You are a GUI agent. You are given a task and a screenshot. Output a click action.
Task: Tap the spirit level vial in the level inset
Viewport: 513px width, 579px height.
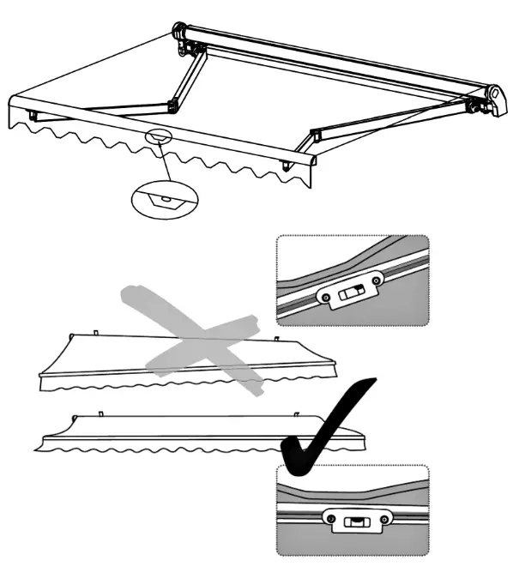point(353,521)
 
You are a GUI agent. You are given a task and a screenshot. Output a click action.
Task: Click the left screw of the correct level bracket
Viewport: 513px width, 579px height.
point(327,517)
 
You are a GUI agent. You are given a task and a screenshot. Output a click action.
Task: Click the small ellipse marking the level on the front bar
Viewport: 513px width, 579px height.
point(159,136)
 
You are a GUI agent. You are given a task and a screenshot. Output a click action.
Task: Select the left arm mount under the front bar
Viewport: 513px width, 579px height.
point(35,115)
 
